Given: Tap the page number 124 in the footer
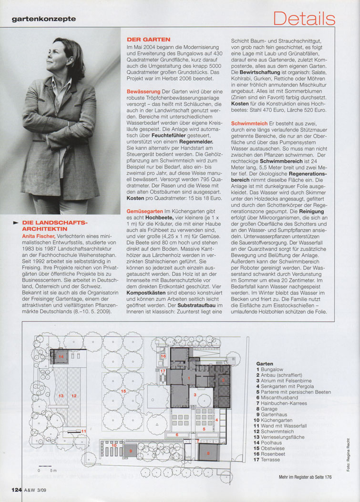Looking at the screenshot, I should point(17,489).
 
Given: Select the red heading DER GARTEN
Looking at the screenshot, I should point(148,39).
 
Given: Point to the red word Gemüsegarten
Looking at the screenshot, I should point(144,210).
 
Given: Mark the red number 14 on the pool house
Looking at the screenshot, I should point(61,356).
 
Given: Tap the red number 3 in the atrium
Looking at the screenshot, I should point(194,395).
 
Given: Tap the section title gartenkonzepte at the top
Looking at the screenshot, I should point(44,19).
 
